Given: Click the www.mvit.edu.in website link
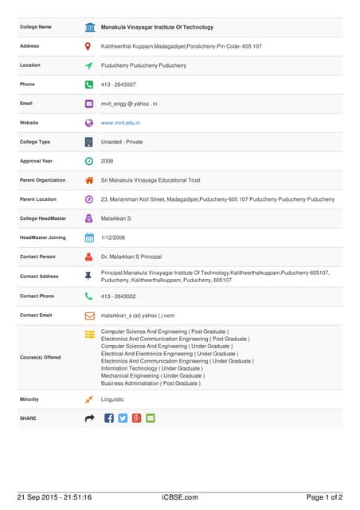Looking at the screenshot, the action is (120, 123).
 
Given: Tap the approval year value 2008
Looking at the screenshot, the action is (107, 161).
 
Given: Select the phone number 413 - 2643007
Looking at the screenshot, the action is (118, 84).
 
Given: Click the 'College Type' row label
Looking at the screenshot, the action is (35, 142).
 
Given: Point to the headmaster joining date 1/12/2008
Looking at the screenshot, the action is (113, 237).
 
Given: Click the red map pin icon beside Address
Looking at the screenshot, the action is (89, 46).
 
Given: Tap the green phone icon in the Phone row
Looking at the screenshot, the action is (89, 84).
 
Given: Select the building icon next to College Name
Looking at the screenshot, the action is (89, 27).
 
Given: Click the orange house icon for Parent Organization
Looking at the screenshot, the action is (89, 180).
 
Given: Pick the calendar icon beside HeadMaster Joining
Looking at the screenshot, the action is (89, 237).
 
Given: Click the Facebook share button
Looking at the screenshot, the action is (109, 418).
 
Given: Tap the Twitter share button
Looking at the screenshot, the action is (123, 418).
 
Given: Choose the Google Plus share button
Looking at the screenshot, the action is (136, 418).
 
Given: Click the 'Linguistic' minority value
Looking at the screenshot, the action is (112, 399).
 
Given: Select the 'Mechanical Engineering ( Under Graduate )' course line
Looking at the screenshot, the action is (152, 376).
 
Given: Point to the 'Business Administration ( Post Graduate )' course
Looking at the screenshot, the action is (151, 383).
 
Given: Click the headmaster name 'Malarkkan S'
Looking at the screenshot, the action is (116, 218).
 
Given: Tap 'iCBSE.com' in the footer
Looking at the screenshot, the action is (179, 497).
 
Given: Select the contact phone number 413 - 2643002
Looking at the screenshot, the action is (118, 296).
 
